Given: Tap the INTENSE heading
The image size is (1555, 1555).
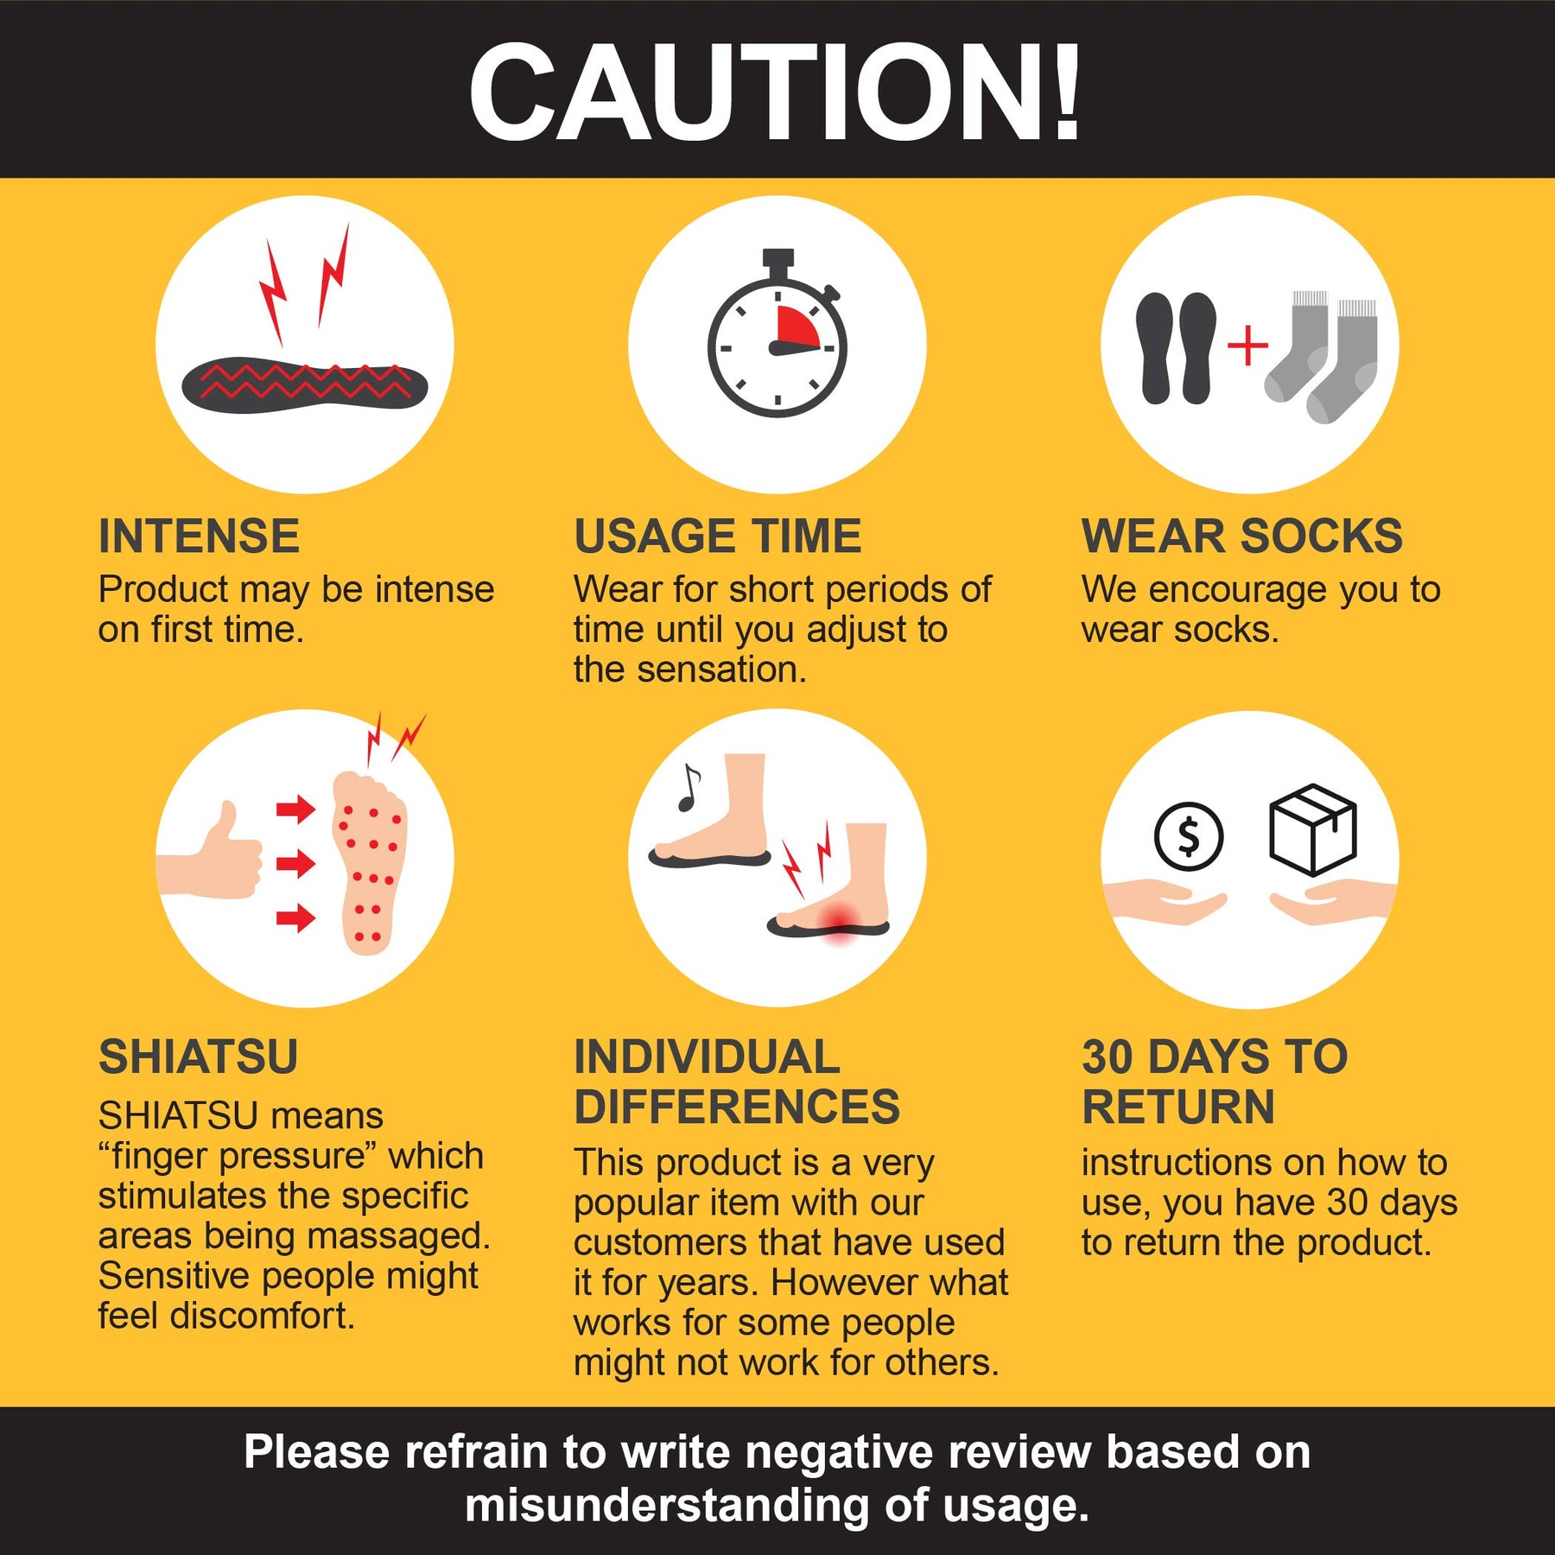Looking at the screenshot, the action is click(199, 536).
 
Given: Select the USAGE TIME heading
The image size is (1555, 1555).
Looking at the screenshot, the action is click(718, 536).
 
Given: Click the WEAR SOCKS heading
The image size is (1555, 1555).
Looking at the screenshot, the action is click(1242, 536).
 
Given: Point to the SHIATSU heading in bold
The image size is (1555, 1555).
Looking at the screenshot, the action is click(199, 1057).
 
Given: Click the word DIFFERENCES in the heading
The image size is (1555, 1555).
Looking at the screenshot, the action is click(737, 1107).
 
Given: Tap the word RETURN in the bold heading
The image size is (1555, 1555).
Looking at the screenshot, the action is click(1178, 1107).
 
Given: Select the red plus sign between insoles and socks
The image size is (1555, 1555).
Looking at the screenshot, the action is click(1247, 346).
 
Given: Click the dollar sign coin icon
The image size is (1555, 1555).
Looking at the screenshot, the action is click(1189, 836).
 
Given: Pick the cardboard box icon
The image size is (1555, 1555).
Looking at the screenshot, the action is click(1312, 829).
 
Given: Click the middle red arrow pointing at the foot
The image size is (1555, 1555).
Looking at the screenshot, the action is click(295, 863).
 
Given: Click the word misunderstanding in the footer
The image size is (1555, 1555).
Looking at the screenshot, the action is click(666, 1505).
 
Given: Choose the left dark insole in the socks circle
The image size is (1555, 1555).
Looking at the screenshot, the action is click(1155, 348).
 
